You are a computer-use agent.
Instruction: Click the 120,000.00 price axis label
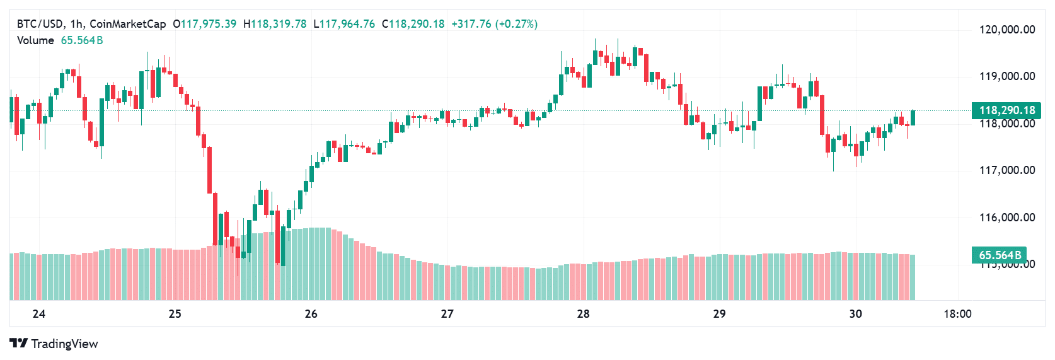1006,30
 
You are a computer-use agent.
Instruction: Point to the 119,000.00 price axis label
1006,76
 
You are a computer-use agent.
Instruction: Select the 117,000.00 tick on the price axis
1006,170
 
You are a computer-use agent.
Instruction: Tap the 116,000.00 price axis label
1006,218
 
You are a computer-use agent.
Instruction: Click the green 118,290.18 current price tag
1006,110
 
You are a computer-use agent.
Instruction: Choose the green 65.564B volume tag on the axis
999,255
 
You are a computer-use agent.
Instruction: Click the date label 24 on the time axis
39,314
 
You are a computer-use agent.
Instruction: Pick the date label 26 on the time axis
311,314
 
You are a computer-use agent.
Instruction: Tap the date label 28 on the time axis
583,314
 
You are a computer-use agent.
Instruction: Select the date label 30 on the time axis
855,314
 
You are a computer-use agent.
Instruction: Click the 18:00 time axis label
957,314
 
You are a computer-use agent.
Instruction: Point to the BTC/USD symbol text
40,24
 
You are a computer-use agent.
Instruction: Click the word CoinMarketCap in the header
128,24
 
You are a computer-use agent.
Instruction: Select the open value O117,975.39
205,24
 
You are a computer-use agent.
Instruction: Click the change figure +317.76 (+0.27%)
494,24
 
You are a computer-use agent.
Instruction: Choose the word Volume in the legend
35,40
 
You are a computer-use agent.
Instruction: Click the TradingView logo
54,344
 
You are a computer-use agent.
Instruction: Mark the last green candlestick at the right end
913,118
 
